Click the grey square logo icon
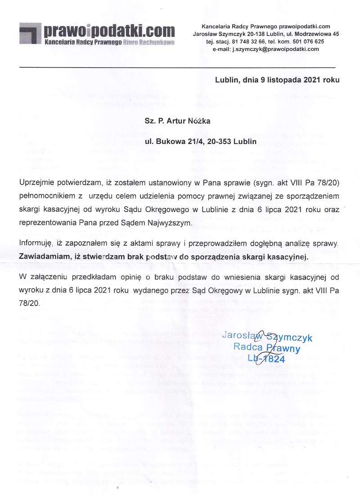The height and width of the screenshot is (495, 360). [x=30, y=33]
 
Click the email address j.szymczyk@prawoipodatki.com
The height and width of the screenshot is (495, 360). [x=276, y=49]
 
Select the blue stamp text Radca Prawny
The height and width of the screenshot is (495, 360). [x=266, y=347]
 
